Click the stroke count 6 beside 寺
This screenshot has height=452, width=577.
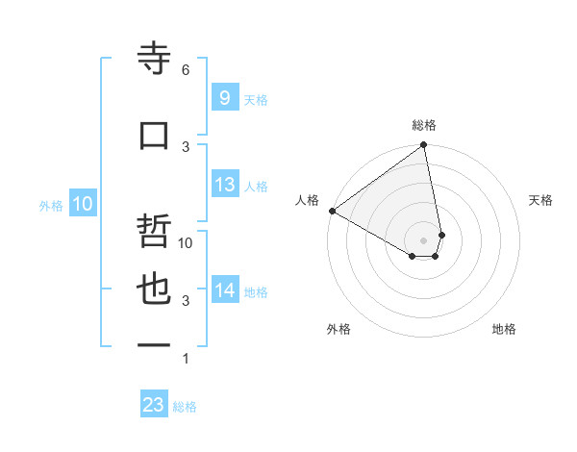(x=186, y=70)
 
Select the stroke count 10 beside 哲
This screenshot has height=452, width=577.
(x=186, y=243)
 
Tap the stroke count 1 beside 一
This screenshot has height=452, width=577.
(x=186, y=359)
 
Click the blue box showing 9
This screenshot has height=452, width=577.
(x=224, y=97)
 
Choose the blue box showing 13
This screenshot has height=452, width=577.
(x=224, y=185)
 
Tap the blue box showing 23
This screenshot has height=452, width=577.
(x=154, y=405)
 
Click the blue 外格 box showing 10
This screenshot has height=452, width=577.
(x=82, y=203)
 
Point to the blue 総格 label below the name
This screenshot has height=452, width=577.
(x=185, y=407)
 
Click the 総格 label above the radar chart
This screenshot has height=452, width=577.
(x=424, y=125)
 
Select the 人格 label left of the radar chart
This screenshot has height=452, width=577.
(x=308, y=200)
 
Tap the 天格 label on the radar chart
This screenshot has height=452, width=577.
(x=540, y=200)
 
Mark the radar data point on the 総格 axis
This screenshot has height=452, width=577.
(x=424, y=145)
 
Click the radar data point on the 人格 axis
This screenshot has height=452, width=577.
(x=332, y=211)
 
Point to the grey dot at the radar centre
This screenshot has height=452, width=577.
(x=424, y=239)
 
